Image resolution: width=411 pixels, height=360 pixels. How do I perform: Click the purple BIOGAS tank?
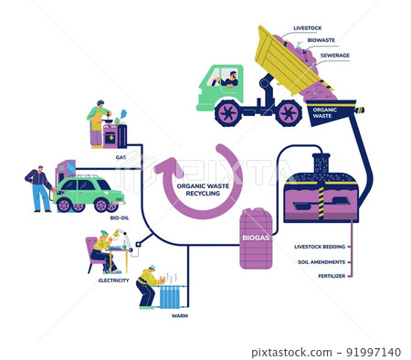click(256, 238)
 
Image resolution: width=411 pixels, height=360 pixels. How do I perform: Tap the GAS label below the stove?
click(121, 156)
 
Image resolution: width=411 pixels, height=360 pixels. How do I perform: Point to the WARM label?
click(179, 315)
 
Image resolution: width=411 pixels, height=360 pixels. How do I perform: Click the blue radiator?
click(170, 298)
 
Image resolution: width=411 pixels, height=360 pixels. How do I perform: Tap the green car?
click(89, 194)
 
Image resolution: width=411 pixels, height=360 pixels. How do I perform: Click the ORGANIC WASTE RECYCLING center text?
click(203, 187)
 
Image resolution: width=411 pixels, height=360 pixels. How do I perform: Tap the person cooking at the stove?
click(97, 122)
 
